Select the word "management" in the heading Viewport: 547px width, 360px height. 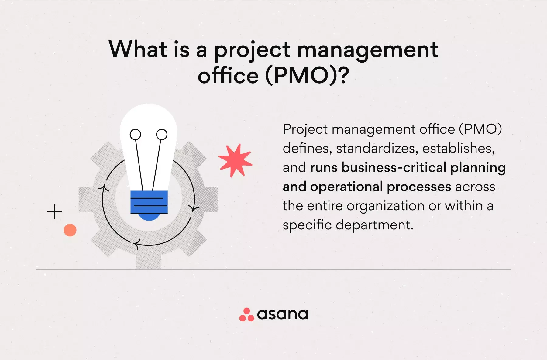click(x=368, y=50)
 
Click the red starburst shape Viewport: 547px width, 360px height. click(x=235, y=160)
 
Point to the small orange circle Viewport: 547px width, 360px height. click(x=70, y=230)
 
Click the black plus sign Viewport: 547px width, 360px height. click(x=55, y=211)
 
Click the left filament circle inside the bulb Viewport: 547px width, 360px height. click(x=135, y=134)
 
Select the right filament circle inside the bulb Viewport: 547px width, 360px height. click(x=162, y=134)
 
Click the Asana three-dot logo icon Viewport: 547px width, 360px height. click(x=246, y=315)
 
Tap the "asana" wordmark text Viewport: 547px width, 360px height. click(x=283, y=314)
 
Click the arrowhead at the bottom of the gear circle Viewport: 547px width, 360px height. click(x=136, y=244)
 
